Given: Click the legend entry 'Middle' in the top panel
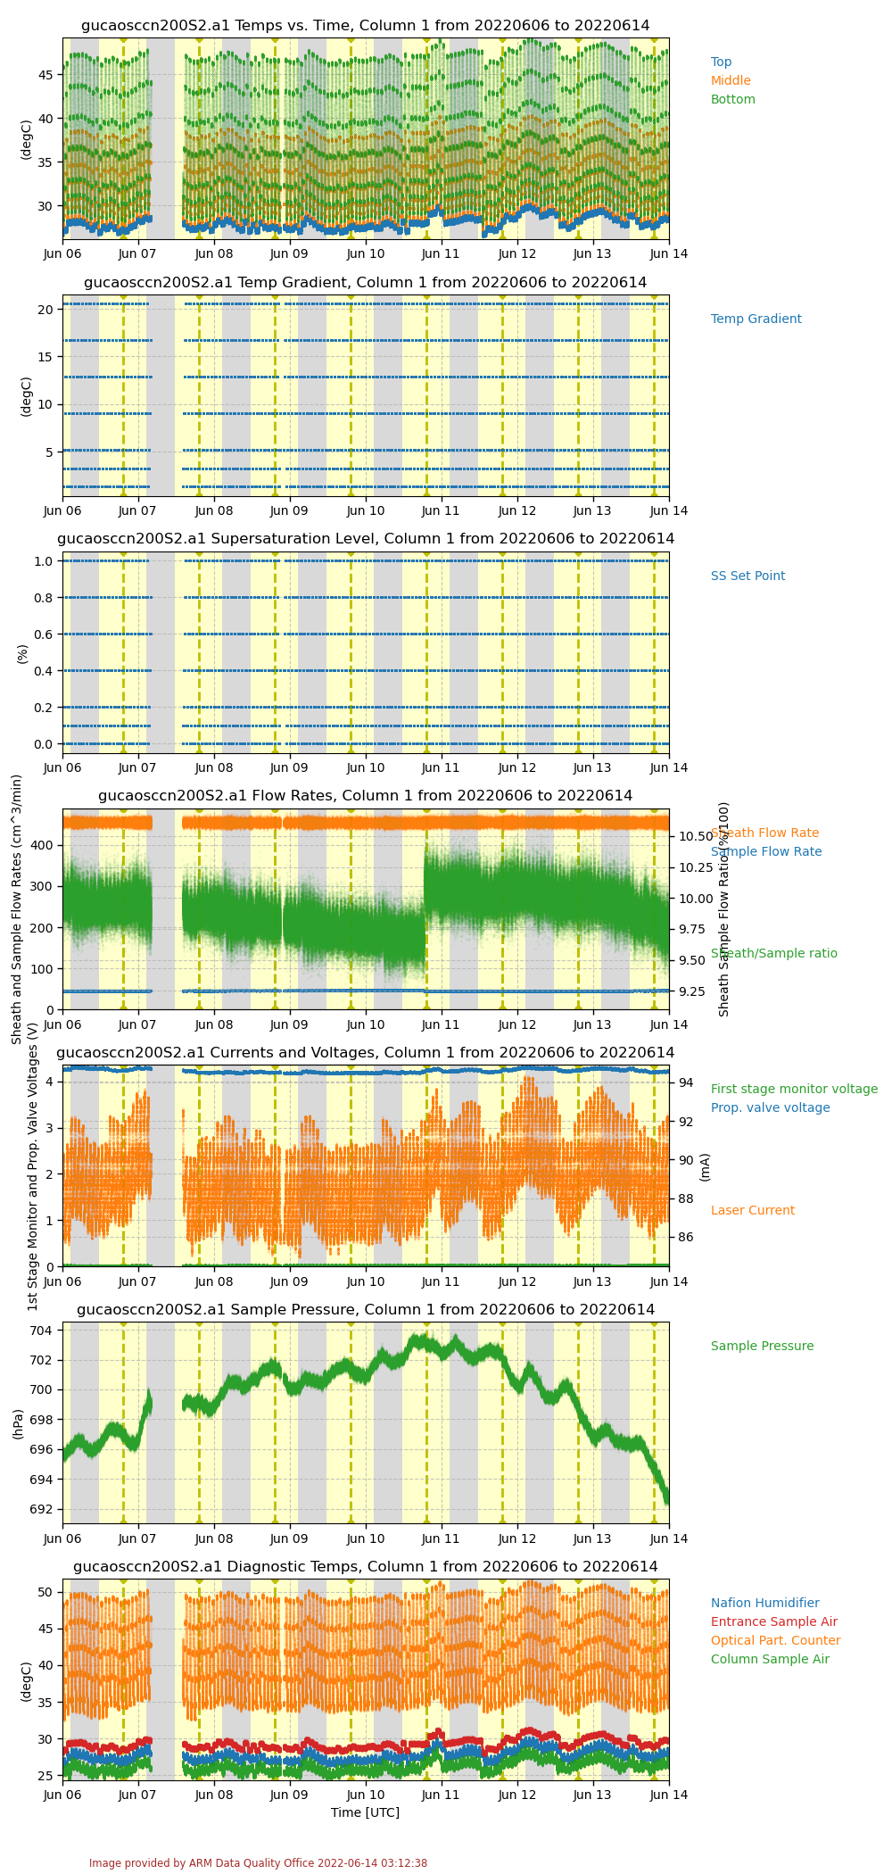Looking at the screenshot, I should [731, 81].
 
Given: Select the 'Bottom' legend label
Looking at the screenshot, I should [732, 100].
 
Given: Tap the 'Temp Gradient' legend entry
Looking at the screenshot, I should [756, 319].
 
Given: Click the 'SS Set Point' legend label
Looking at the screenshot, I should [747, 576].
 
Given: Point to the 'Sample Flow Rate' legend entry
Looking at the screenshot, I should [765, 852].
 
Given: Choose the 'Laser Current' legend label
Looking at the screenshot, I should [752, 1211].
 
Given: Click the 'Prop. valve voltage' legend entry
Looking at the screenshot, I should [770, 1108].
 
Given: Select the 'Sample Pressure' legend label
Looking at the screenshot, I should [762, 1347].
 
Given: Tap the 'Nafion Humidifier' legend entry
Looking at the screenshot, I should [764, 1604].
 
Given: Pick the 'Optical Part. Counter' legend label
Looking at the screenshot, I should [775, 1641].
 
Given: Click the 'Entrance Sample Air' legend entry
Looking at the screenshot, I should [773, 1622].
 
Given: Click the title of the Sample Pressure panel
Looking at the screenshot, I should [366, 1310].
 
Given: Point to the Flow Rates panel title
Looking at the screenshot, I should [366, 796].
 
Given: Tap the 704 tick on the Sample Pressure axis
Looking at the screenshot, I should [45, 1331].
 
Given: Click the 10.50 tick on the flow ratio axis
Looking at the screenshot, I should [695, 836].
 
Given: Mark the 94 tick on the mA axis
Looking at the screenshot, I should [685, 1083].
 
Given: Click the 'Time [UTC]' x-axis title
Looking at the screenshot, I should [365, 1812].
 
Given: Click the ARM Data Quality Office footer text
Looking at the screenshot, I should [258, 1863].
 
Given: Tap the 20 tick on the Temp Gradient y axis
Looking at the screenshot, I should [50, 310].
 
